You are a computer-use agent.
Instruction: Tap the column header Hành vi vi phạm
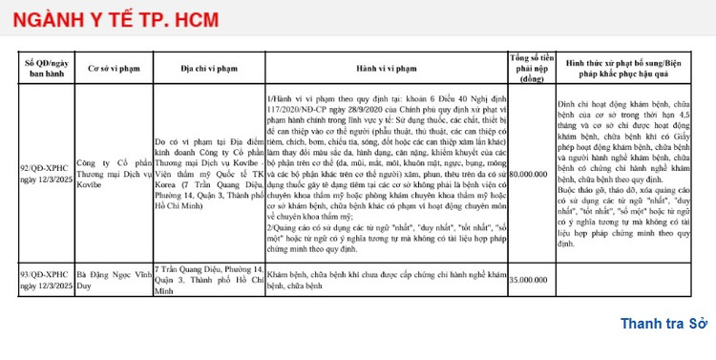386,69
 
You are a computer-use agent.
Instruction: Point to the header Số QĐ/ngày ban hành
46,69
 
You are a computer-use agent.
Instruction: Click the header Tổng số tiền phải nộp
533,69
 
